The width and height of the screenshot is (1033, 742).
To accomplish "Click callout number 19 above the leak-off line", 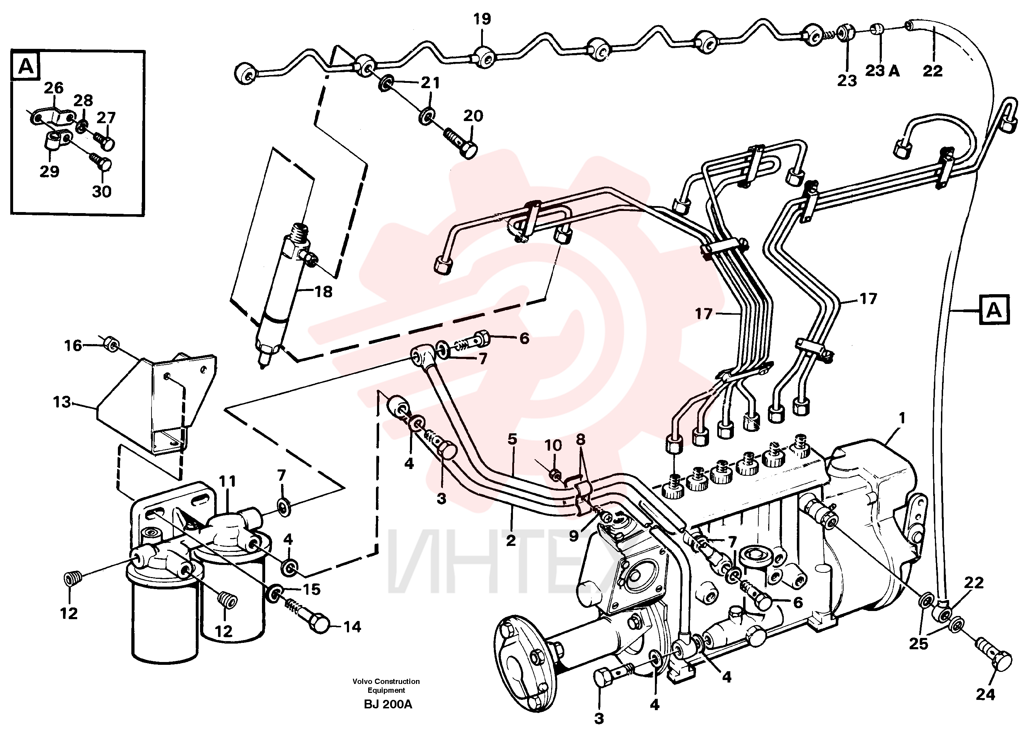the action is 482,19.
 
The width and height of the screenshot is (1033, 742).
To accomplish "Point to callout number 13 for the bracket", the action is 62,402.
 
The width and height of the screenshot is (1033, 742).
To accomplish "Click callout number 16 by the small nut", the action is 73,346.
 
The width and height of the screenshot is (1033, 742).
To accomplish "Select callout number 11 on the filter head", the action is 227,481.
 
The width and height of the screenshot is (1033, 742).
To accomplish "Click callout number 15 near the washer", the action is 312,589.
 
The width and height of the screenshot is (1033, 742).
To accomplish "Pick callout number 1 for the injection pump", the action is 901,418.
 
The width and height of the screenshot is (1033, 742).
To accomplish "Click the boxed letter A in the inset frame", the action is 26,67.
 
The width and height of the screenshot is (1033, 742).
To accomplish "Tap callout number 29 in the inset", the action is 49,171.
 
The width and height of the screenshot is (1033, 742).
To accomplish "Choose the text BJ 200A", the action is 388,704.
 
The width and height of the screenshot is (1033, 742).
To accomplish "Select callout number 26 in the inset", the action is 53,88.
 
